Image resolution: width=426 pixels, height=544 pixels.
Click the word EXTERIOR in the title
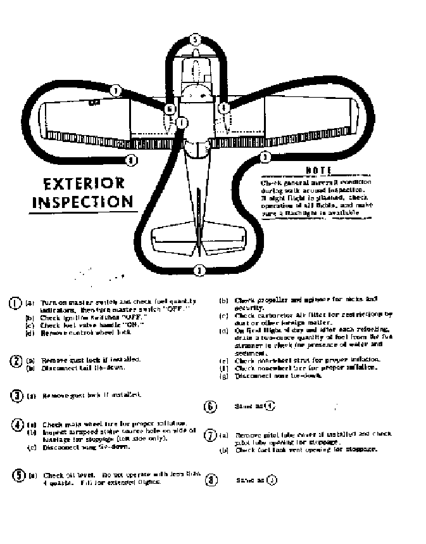pos(84,185)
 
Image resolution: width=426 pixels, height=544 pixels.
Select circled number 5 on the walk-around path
pos(196,40)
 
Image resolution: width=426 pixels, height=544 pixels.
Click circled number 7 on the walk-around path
pos(116,91)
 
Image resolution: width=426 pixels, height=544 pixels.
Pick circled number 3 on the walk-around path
pos(265,157)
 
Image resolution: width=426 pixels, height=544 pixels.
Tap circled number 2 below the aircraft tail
pos(199,271)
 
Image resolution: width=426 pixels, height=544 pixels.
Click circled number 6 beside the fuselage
pos(169,109)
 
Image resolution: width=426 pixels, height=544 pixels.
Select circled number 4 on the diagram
pos(223,108)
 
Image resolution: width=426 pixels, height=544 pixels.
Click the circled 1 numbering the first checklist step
pos(15,303)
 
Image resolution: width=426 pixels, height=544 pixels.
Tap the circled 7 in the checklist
pos(210,436)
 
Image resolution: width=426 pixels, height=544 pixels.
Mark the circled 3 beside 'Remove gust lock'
pos(17,396)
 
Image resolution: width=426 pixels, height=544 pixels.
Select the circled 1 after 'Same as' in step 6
pos(270,406)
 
